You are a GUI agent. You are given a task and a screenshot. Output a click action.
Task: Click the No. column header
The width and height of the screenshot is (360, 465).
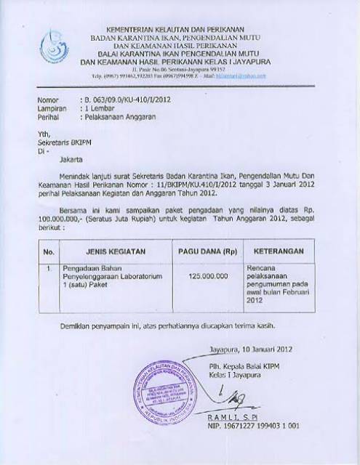click(49, 251)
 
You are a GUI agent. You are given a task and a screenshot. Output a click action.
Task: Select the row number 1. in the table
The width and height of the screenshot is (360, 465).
click(49, 269)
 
